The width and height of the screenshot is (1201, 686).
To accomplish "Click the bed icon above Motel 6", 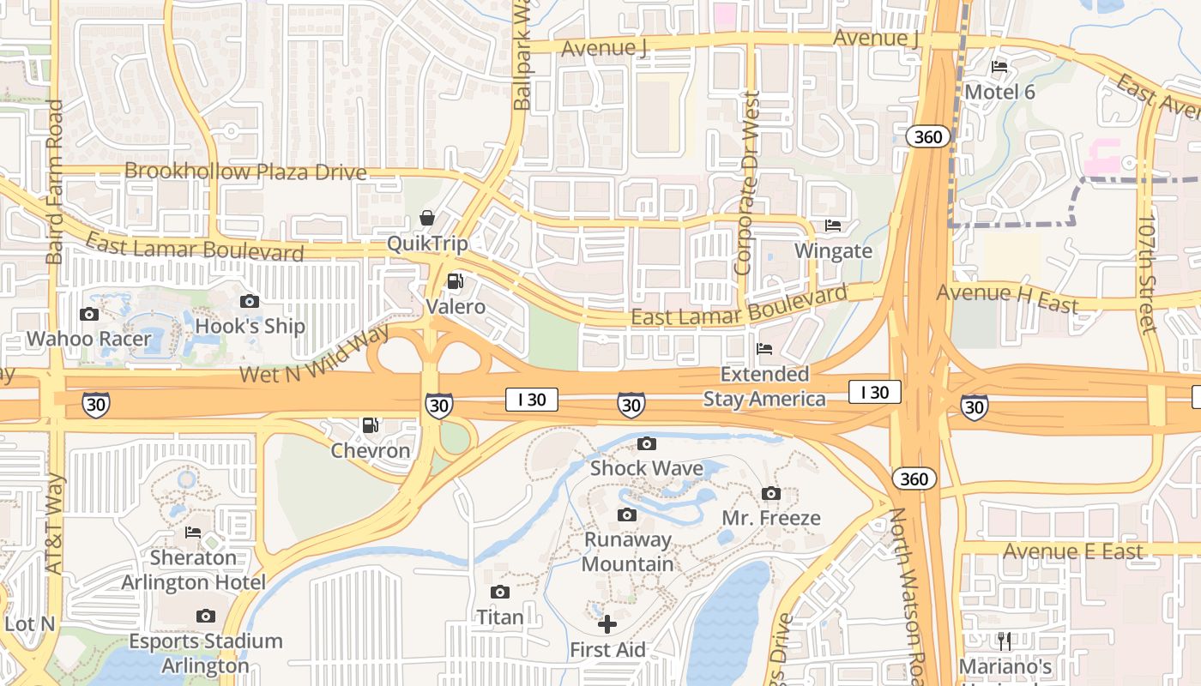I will click(x=999, y=67).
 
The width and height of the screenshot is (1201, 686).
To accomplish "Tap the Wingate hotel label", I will click(x=833, y=251).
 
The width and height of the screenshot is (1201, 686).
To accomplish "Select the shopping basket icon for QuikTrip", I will click(x=427, y=218).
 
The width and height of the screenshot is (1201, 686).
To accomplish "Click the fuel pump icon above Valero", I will click(x=456, y=281).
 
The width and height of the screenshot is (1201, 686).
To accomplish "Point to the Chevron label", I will click(x=371, y=450).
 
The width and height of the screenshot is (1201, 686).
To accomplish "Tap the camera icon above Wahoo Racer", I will click(x=89, y=314).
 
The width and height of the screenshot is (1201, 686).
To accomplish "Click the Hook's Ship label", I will click(x=250, y=327).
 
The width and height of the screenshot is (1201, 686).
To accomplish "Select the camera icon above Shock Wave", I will click(x=647, y=443).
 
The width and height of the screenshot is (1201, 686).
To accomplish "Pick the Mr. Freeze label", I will click(x=770, y=518).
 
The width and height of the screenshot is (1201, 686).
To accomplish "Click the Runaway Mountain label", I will click(x=628, y=551).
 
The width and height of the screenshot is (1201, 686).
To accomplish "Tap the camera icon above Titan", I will click(x=500, y=592).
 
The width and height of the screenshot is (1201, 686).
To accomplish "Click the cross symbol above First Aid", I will click(x=607, y=624).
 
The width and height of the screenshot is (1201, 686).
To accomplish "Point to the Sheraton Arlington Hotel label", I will click(x=193, y=570).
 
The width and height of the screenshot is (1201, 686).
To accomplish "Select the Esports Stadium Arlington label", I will click(x=205, y=653).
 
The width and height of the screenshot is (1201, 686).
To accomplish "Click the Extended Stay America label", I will click(x=764, y=387).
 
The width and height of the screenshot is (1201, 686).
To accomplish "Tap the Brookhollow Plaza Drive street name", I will click(x=245, y=171).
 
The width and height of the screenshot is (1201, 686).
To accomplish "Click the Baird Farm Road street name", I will click(x=55, y=182).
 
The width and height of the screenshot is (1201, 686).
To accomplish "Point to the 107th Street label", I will click(x=1147, y=274).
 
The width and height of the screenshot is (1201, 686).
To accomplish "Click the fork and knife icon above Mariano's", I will click(x=1005, y=641).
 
